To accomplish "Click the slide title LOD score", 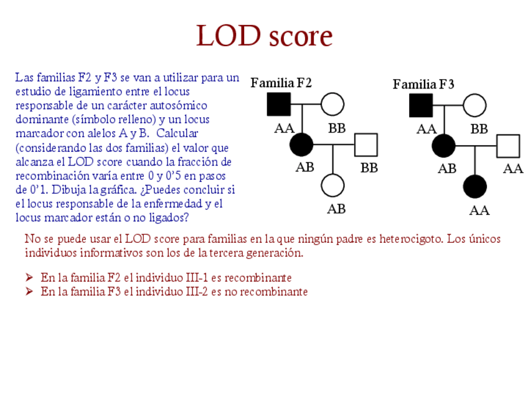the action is pyautogui.click(x=264, y=35).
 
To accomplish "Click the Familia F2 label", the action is pyautogui.click(x=281, y=83).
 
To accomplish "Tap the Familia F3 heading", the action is pyautogui.click(x=423, y=84).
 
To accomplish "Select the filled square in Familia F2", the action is pyautogui.click(x=279, y=105).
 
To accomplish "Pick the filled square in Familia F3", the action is pyautogui.click(x=421, y=105).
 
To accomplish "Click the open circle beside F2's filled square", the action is pyautogui.click(x=332, y=105).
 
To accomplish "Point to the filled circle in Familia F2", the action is pyautogui.click(x=302, y=145).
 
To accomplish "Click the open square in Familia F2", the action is pyautogui.click(x=366, y=145).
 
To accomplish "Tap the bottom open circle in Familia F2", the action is pyautogui.click(x=332, y=186).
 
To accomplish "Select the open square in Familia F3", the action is pyautogui.click(x=508, y=146).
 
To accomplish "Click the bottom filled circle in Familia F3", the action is pyautogui.click(x=475, y=186).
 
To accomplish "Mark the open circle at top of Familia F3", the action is pyautogui.click(x=474, y=105).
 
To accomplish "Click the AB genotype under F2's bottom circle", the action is pyautogui.click(x=336, y=209).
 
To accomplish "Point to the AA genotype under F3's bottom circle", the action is pyautogui.click(x=479, y=210).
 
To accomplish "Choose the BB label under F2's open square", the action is pyautogui.click(x=369, y=168).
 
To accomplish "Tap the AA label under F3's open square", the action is pyautogui.click(x=513, y=168).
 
